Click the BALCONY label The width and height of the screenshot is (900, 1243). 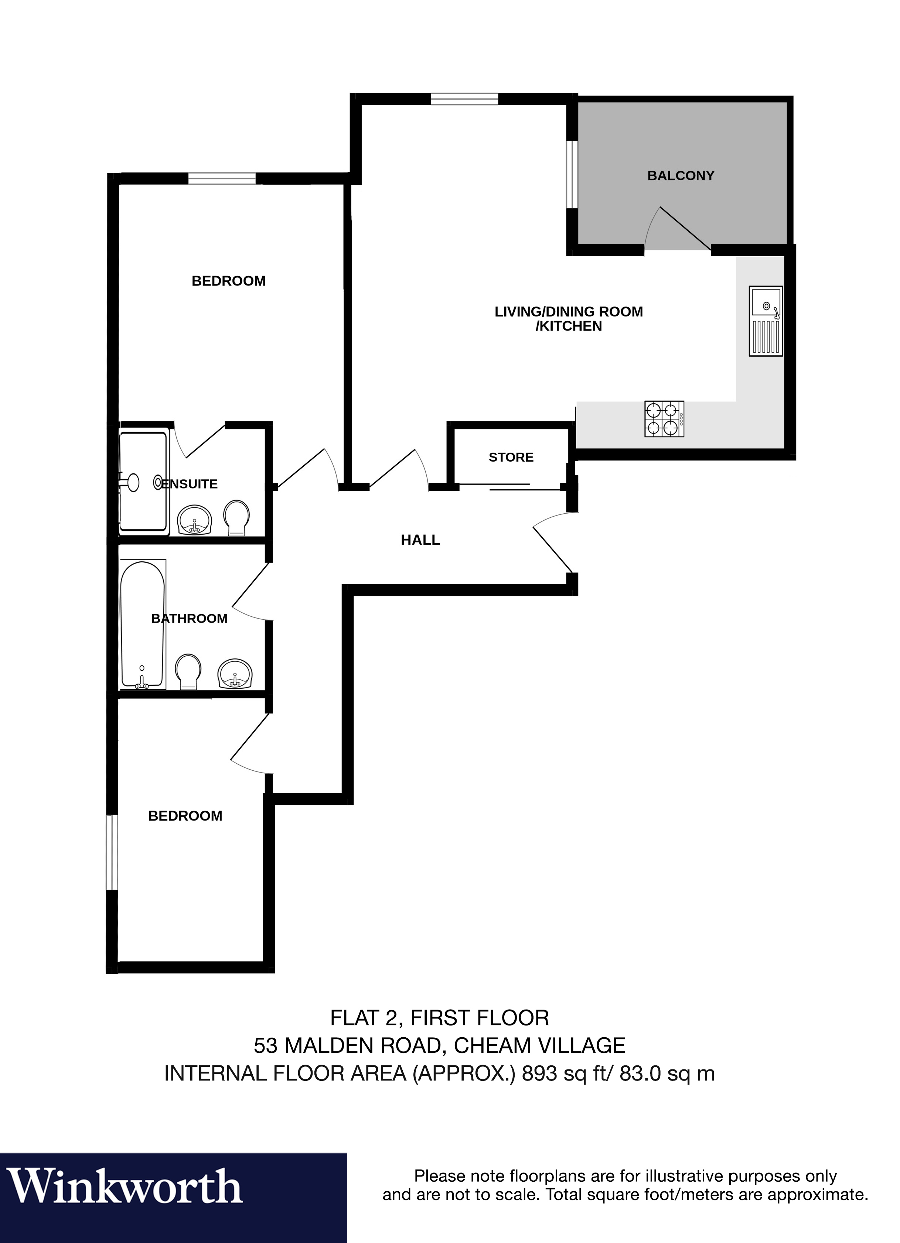[681, 176]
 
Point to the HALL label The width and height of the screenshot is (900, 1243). [420, 540]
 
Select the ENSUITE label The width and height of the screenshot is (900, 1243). [189, 484]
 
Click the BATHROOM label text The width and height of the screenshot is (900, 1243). [189, 618]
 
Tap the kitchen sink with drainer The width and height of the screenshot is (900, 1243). [766, 321]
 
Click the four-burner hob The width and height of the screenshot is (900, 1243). [664, 419]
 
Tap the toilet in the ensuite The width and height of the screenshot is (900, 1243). [236, 517]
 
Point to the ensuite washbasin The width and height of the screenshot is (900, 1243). [195, 520]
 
